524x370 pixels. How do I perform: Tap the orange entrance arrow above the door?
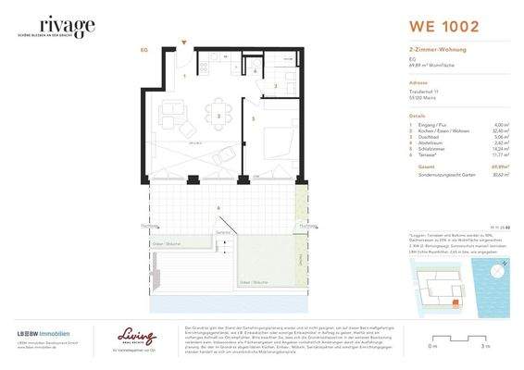click(x=185, y=42)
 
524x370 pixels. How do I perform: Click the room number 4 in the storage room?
click(x=256, y=71)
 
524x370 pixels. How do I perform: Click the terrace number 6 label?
click(x=218, y=208)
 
